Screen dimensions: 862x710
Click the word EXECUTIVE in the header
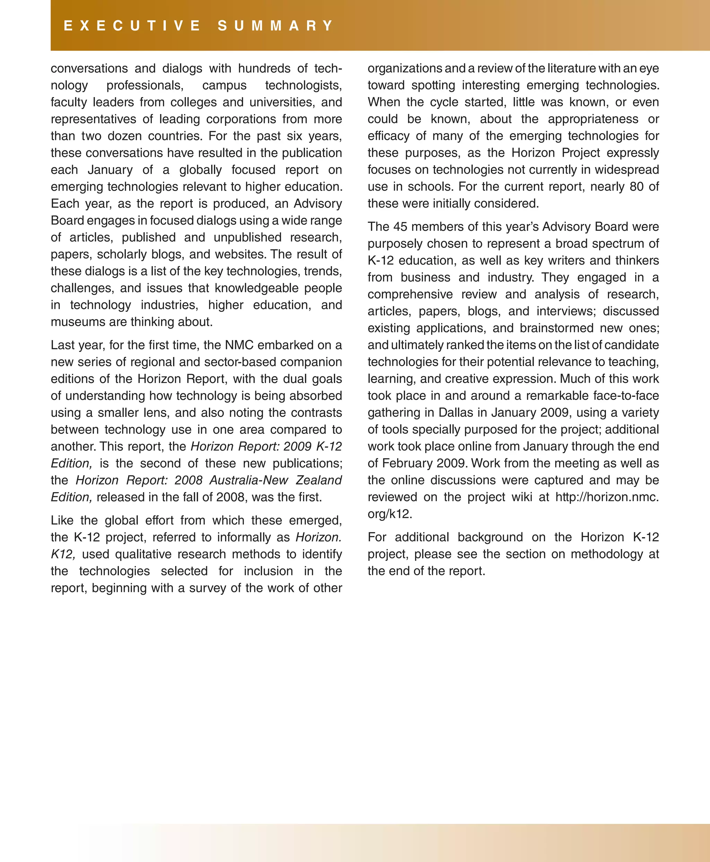pyautogui.click(x=132, y=26)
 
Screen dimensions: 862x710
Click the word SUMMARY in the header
pyautogui.click(x=276, y=26)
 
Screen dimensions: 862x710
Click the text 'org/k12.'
pyautogui.click(x=390, y=514)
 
